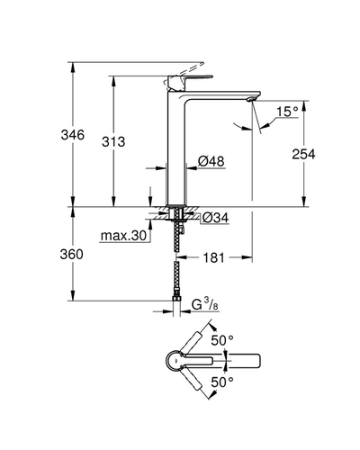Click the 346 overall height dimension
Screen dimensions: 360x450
tap(73, 135)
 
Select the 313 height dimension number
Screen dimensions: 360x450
tap(113, 141)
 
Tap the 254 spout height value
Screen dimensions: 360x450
tap(303, 154)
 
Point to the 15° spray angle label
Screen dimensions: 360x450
tap(287, 112)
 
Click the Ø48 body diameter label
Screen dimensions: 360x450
tap(211, 161)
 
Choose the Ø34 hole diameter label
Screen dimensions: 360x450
tap(215, 218)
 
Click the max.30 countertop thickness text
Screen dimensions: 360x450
tap(123, 236)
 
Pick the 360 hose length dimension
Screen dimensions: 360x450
tap(71, 255)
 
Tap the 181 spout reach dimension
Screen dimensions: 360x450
tap(213, 257)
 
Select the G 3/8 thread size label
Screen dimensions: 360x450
tap(205, 304)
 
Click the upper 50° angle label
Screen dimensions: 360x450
tap(222, 340)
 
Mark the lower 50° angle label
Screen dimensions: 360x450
tap(222, 382)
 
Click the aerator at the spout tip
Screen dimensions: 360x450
tap(251, 99)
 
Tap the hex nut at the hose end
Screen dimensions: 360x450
tap(176, 298)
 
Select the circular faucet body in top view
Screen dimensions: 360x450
tap(174, 360)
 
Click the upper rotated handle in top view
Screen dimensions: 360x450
tap(192, 341)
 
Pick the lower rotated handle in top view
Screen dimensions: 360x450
tap(192, 379)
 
